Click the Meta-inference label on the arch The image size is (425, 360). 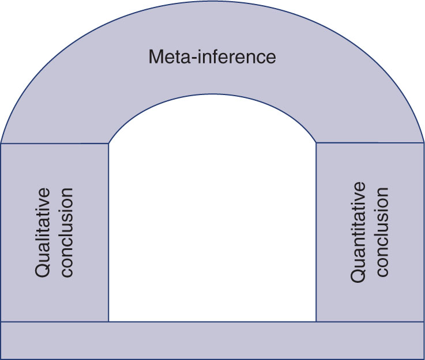[x=212, y=58]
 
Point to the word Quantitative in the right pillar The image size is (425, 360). [x=359, y=232]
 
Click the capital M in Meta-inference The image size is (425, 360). [x=156, y=58]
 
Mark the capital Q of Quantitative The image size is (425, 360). [x=359, y=275]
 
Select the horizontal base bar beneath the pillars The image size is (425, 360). [x=212, y=340]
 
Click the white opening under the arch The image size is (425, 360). [x=212, y=219]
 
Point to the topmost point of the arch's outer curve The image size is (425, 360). [x=212, y=2]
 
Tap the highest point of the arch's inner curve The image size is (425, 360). [x=212, y=94]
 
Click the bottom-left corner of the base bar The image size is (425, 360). [x=1, y=359]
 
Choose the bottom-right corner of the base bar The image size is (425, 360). [x=424, y=359]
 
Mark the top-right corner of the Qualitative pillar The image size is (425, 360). [x=108, y=143]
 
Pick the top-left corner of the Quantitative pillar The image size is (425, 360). [x=316, y=143]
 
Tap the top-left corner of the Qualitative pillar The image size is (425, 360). [x=1, y=143]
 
